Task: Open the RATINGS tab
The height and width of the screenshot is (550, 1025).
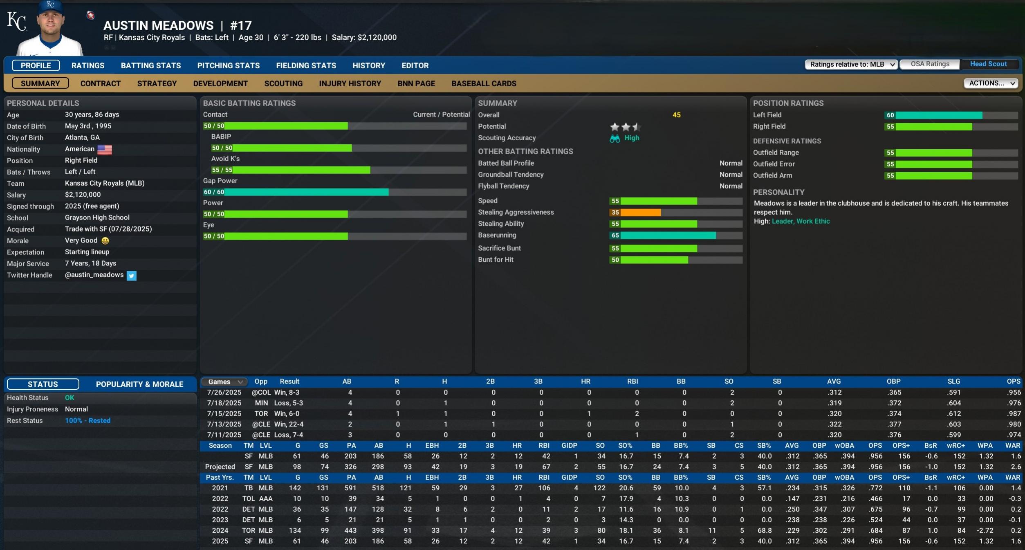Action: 88,65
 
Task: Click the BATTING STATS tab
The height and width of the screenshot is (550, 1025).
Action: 150,65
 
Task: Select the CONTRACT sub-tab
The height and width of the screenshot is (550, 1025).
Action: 101,83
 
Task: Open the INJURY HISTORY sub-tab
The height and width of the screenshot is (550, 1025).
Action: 350,83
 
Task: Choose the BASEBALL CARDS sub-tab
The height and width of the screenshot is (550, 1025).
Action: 484,83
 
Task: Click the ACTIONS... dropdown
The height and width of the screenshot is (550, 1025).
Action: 990,83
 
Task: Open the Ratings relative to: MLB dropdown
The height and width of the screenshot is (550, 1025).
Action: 851,65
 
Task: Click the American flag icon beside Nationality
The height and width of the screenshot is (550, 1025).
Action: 105,150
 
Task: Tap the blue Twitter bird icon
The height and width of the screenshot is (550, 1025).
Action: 131,276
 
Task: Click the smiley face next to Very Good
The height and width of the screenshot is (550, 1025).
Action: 105,241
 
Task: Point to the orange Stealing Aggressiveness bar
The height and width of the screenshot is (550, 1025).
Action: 640,213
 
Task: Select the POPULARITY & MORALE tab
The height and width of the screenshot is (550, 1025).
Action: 139,384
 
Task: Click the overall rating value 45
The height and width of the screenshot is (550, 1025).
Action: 676,115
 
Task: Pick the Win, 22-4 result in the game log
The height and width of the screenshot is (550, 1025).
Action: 289,424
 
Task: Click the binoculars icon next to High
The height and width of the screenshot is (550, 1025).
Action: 615,139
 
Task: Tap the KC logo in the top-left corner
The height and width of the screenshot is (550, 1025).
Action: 17,21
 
